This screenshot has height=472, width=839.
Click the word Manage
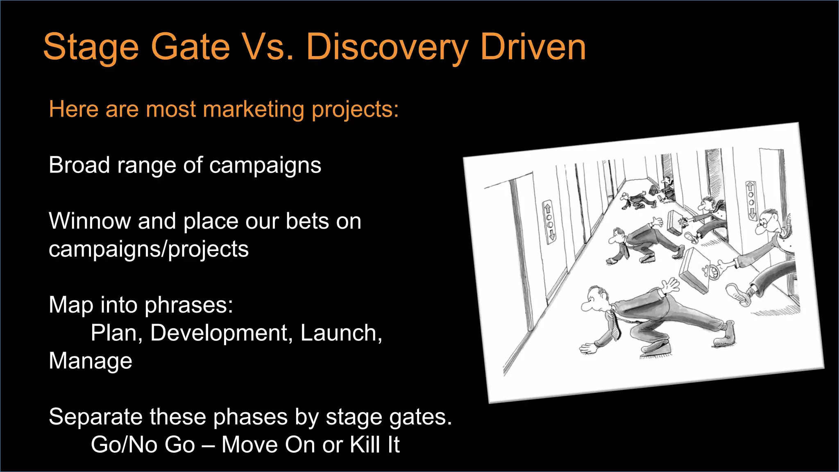[91, 361]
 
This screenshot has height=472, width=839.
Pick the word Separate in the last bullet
[95, 417]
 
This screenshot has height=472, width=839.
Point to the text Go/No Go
[143, 445]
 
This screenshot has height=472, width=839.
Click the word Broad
[79, 166]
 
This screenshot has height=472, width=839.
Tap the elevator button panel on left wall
[549, 222]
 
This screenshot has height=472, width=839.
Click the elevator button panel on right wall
[751, 201]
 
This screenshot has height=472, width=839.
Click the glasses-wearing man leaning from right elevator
[769, 223]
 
